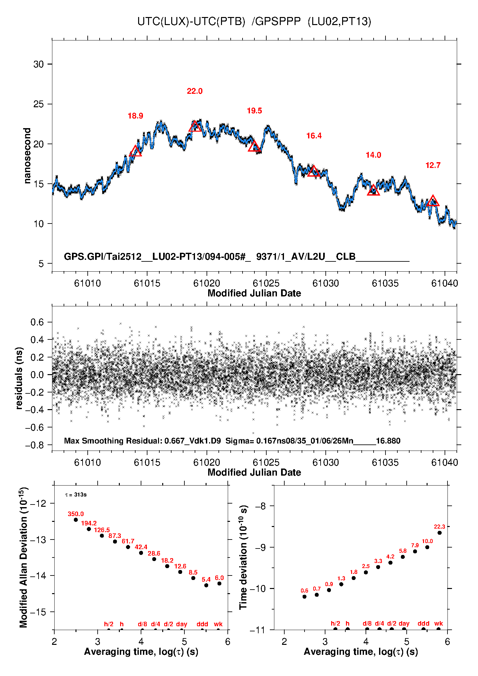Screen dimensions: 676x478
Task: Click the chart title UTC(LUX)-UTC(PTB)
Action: coord(191,22)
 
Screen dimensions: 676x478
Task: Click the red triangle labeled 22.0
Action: coord(195,127)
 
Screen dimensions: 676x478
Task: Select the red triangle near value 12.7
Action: coord(433,201)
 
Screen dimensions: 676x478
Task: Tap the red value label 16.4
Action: coord(314,136)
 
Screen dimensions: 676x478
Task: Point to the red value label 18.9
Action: coord(135,116)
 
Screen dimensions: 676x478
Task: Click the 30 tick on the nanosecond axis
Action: coord(39,64)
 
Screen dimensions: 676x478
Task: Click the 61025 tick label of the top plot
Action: coord(266,283)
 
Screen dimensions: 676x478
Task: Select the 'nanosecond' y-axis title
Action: coord(27,156)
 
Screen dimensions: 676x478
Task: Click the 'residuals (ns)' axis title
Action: coord(19,378)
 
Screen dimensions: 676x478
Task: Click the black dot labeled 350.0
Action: coord(76,520)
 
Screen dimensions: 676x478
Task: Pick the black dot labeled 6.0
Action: coord(219,584)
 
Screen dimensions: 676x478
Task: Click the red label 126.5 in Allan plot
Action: coord(102,530)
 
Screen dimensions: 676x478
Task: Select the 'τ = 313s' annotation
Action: coord(76,495)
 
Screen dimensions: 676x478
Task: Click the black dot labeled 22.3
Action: coord(439,533)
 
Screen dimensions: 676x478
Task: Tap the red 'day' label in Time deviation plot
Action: coord(404,623)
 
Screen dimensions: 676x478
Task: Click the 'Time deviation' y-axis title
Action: coord(243,557)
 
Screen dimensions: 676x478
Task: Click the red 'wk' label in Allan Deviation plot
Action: coord(218,624)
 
